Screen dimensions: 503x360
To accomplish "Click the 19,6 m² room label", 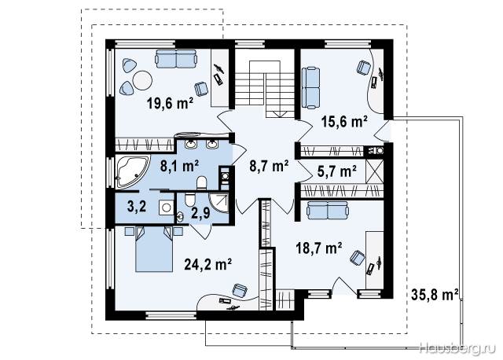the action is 170,104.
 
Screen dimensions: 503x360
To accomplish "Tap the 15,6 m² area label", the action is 344,122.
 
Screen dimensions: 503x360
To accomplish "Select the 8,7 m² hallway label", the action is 269,166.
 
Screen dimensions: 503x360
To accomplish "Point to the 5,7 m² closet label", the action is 337,171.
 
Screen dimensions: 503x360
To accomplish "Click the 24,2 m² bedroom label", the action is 207,264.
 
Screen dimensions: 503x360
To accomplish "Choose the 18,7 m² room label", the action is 319,248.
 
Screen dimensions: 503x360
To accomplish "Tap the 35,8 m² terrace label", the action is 435,295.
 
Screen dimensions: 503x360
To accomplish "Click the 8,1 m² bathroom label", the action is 179,166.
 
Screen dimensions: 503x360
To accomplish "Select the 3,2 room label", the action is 137,207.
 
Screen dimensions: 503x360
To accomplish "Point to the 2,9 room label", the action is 201,213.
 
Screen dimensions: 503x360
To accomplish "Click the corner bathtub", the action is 132,171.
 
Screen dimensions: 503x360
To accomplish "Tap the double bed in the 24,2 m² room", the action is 154,249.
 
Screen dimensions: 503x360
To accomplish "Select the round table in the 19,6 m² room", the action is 142,80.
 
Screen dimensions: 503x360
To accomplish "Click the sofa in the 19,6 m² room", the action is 176,58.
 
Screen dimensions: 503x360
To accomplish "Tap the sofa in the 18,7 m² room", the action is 327,210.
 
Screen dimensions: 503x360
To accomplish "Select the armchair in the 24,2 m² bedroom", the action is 240,290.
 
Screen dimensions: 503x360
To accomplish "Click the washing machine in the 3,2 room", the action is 166,208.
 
